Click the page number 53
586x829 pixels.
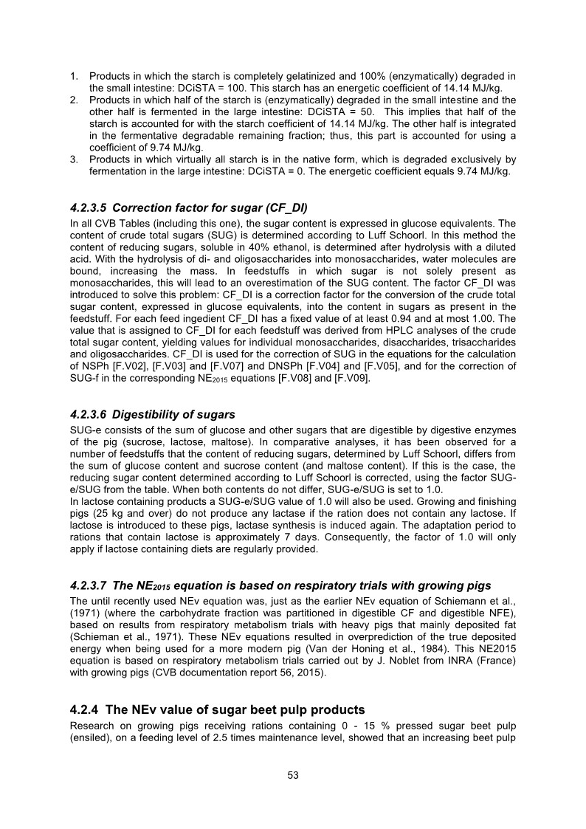coord(293,775)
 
